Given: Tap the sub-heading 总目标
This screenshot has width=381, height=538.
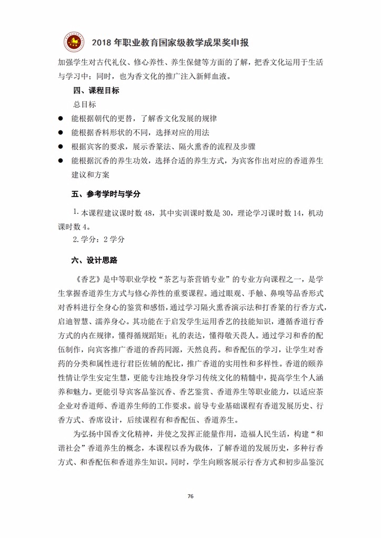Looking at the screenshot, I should pyautogui.click(x=85, y=104).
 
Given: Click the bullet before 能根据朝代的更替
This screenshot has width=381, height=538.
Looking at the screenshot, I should pyautogui.click(x=61, y=119).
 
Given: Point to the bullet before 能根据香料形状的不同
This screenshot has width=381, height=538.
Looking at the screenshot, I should pyautogui.click(x=61, y=133).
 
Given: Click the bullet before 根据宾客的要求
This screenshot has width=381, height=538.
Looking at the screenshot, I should pyautogui.click(x=61, y=147).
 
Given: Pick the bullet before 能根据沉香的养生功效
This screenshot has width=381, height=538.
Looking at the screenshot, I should pyautogui.click(x=61, y=161).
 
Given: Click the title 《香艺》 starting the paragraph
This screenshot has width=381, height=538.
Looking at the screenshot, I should pyautogui.click(x=85, y=278).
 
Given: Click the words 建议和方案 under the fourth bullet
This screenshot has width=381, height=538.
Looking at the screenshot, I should pyautogui.click(x=91, y=174).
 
